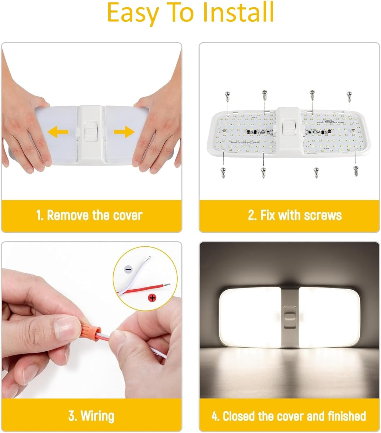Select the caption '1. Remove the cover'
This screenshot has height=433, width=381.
pyautogui.click(x=89, y=215)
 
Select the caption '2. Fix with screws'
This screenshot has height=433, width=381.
pyautogui.click(x=294, y=215)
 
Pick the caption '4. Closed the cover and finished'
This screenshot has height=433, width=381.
pyautogui.click(x=288, y=416)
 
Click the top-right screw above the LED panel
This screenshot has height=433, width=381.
pyautogui.click(x=348, y=96)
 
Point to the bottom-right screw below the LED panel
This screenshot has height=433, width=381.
pyautogui.click(x=355, y=171)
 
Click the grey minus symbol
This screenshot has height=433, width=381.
pyautogui.click(x=128, y=269)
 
